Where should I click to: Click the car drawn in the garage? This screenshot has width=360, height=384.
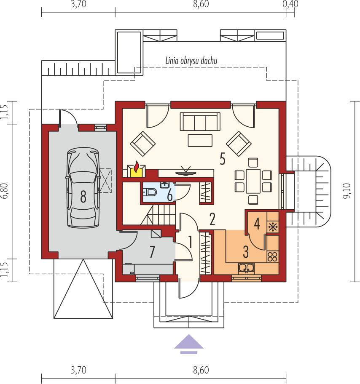[x=83, y=188]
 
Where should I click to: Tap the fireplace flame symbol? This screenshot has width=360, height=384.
[x=136, y=166]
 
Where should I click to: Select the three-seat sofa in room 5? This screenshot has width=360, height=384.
[x=200, y=121]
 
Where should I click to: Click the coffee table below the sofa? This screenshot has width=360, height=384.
[x=200, y=141]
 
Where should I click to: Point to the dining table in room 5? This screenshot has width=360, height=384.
[x=253, y=181]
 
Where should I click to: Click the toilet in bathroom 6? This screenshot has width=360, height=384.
[x=150, y=192]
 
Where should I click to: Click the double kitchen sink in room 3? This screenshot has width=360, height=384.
[x=246, y=268]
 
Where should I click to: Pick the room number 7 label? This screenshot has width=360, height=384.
[x=152, y=252]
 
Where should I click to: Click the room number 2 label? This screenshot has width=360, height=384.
[x=212, y=219]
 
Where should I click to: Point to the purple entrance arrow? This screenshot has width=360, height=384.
[x=189, y=344]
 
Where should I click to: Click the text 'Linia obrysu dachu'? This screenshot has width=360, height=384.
[x=191, y=61]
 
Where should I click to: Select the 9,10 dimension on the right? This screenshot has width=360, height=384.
[x=347, y=191]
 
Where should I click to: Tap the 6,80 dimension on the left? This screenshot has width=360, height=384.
[x=5, y=191]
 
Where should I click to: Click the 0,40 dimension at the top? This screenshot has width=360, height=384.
[x=290, y=4]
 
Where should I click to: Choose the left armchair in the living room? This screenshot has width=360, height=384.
[x=142, y=144]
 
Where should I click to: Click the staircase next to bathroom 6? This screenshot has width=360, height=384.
[x=158, y=215]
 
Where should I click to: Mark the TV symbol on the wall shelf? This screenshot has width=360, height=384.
[x=185, y=171]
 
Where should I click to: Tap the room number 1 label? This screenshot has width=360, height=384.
[x=190, y=242]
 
